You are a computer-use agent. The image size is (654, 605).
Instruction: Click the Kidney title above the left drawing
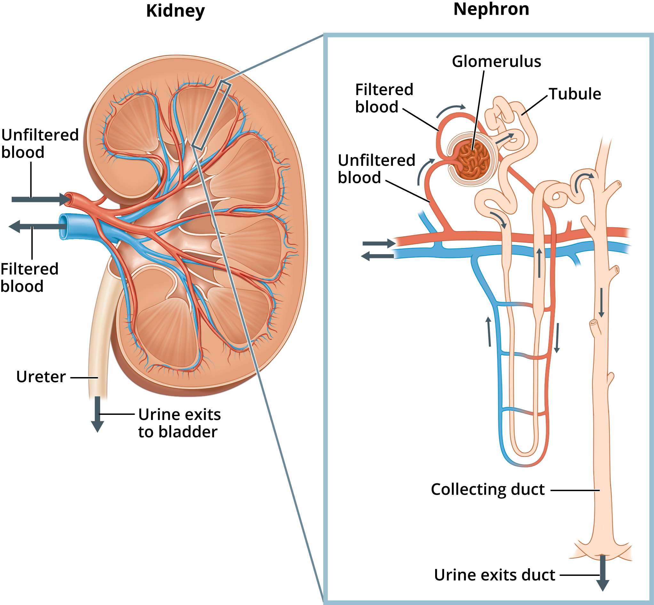click(175, 11)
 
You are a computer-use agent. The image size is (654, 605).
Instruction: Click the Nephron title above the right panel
click(491, 9)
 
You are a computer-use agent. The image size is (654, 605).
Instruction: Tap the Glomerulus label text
click(496, 61)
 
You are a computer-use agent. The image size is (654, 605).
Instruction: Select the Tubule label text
click(575, 94)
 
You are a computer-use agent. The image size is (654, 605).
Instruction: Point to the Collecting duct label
click(488, 489)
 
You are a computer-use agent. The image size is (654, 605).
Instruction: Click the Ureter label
click(41, 377)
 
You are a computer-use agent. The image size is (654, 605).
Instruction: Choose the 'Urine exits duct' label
click(494, 575)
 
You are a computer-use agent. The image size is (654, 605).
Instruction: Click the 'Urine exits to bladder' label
click(179, 423)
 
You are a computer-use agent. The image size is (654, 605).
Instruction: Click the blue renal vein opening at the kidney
click(63, 227)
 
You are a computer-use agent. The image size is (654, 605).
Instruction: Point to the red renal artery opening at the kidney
click(68, 199)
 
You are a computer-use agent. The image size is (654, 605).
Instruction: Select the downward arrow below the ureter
click(98, 414)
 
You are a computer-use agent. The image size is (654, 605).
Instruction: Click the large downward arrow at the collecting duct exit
click(602, 573)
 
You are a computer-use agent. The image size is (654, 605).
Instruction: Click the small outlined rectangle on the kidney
click(212, 116)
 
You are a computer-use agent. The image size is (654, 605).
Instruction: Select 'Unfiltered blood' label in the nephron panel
click(376, 169)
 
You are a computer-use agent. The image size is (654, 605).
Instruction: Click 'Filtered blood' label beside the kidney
click(29, 278)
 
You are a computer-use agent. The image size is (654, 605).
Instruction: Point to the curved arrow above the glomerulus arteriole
click(451, 110)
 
